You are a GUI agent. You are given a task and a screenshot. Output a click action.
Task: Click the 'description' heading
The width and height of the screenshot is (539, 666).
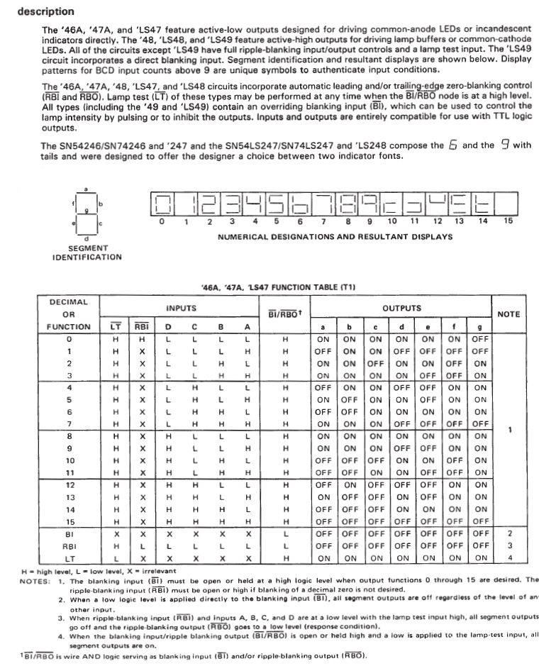(45, 12)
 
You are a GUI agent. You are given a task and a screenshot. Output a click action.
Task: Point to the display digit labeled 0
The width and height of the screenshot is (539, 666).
(162, 205)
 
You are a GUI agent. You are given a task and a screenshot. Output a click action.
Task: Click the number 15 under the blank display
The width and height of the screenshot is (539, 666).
(507, 221)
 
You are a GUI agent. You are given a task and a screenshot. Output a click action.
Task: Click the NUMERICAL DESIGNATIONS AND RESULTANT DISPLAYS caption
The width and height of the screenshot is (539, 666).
(335, 236)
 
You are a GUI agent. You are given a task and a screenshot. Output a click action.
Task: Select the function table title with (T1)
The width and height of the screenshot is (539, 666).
(278, 287)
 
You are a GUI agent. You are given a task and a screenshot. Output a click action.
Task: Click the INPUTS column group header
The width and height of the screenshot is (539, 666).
(181, 309)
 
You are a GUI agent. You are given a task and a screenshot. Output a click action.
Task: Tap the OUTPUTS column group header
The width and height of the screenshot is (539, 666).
(401, 309)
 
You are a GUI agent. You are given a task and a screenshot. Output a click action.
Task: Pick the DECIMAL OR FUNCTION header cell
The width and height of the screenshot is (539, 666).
(69, 314)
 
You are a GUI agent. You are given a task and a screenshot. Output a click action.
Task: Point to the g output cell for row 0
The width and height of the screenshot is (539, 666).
(480, 339)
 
